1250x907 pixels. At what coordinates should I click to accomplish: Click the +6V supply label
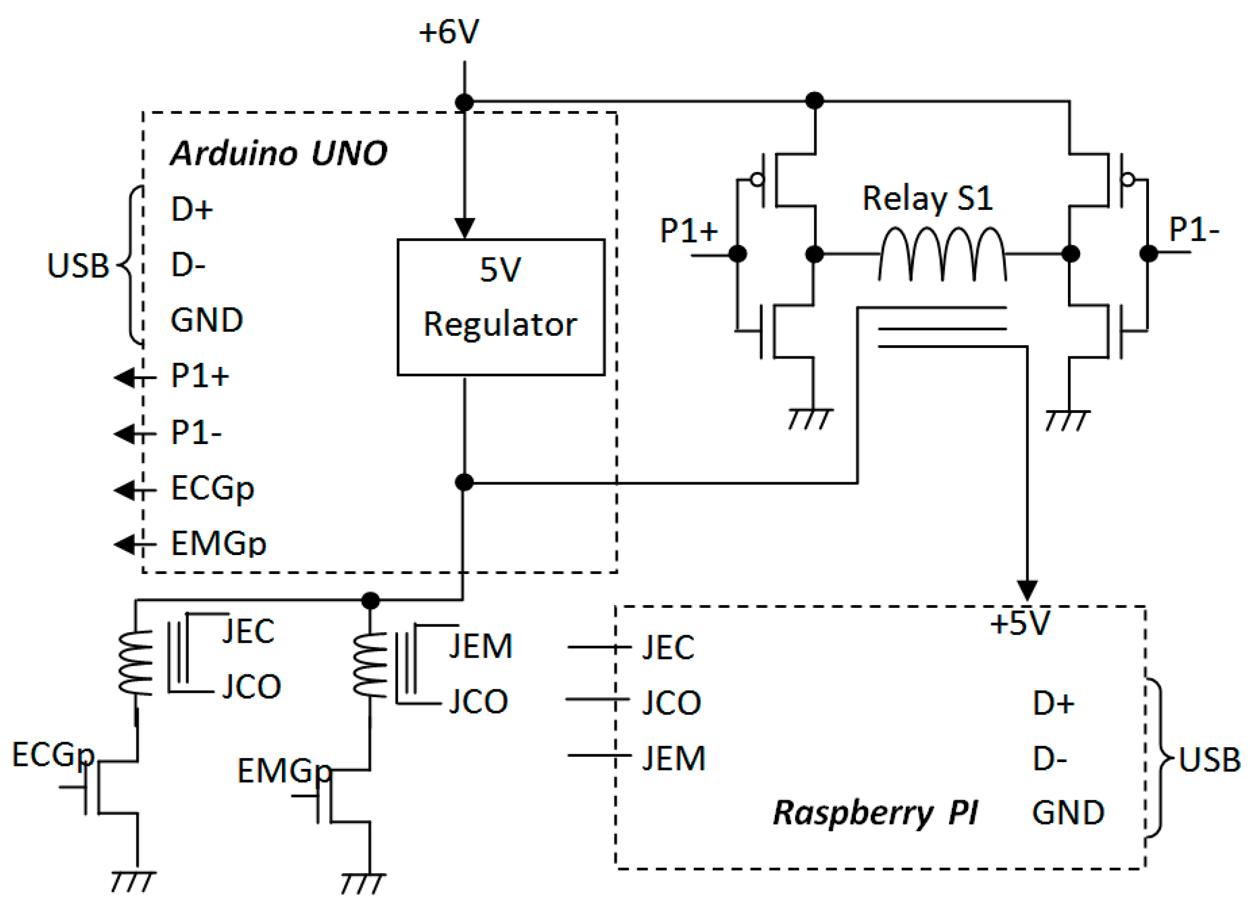[x=448, y=32]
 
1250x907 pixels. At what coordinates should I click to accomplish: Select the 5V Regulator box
[x=500, y=307]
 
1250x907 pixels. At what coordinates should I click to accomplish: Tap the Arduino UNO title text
[x=278, y=153]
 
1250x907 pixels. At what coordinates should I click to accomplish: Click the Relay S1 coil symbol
[x=942, y=254]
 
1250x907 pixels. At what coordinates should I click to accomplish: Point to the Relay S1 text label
[x=927, y=198]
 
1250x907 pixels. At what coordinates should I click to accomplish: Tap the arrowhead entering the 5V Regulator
[x=465, y=228]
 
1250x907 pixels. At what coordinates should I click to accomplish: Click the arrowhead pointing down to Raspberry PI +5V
[x=1027, y=590]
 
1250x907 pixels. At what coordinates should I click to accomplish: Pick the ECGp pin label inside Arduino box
[x=212, y=488]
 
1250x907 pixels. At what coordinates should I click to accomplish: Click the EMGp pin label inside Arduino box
[x=218, y=543]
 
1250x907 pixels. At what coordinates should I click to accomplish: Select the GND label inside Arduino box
[x=206, y=320]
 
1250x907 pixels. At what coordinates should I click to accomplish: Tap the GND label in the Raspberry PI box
[x=1067, y=813]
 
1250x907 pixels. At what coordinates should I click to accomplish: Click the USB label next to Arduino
[x=78, y=266]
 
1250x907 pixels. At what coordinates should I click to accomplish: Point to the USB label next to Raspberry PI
[x=1209, y=760]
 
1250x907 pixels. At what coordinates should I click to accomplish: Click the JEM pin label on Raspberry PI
[x=673, y=758]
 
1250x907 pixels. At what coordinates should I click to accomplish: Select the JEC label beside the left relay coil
[x=248, y=631]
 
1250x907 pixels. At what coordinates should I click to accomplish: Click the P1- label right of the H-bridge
[x=1193, y=229]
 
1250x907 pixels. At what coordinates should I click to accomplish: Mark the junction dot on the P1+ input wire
[x=737, y=254]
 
